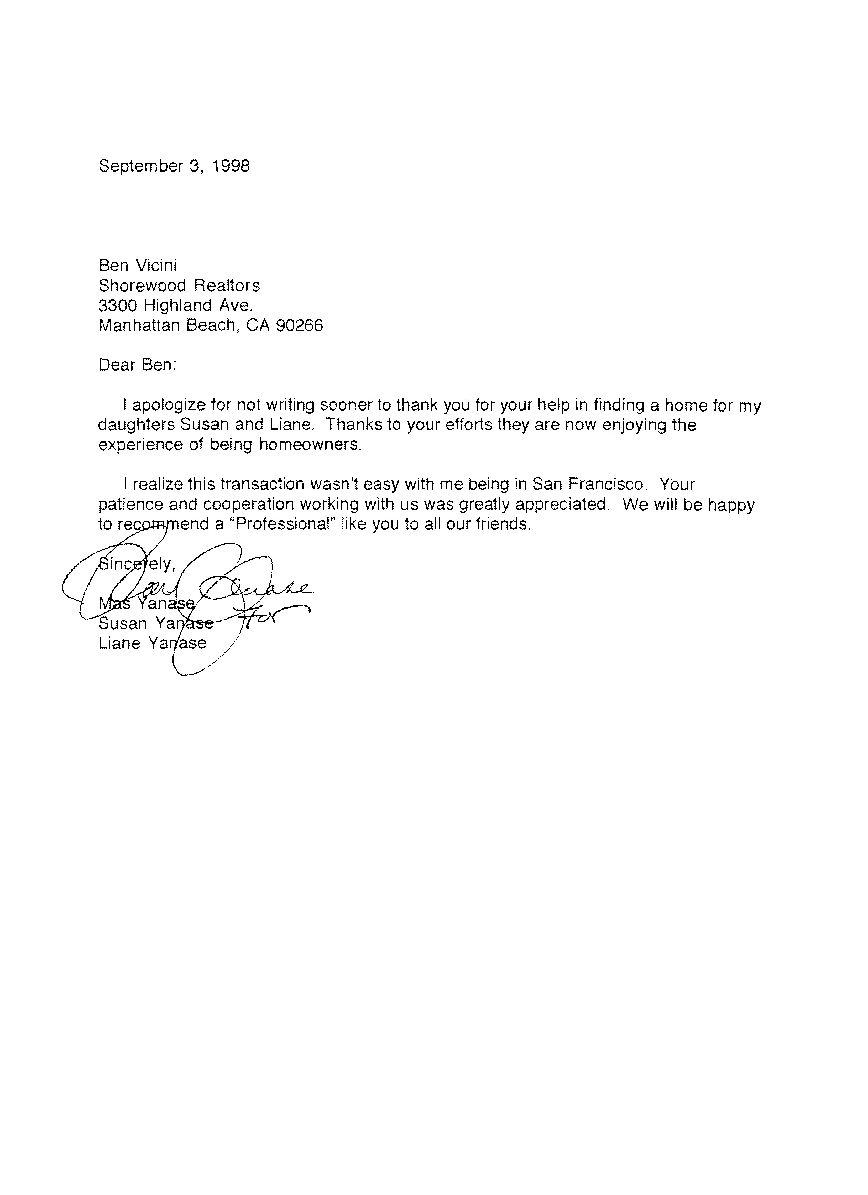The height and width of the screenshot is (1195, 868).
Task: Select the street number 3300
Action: (118, 305)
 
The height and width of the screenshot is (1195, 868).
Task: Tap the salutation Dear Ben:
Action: (137, 365)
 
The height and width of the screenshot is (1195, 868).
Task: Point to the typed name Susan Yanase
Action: (156, 624)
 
